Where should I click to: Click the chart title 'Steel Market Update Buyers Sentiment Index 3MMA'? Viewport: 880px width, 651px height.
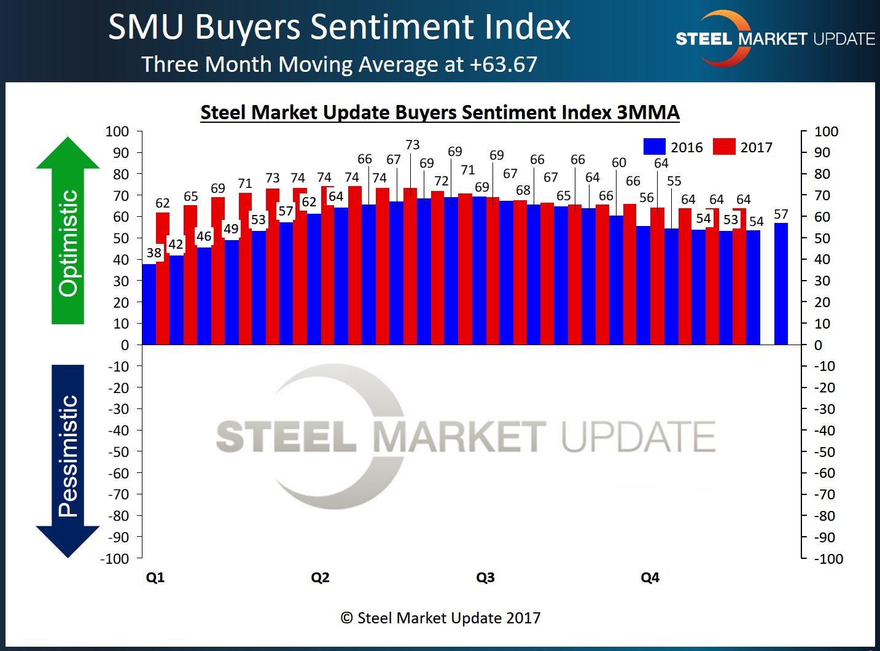pyautogui.click(x=440, y=112)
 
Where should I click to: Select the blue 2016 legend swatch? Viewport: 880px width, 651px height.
pyautogui.click(x=654, y=147)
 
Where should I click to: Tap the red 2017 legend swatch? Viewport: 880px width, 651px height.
pyautogui.click(x=724, y=147)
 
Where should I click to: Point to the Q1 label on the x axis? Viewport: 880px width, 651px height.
pyautogui.click(x=155, y=577)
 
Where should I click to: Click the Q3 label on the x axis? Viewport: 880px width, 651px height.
pyautogui.click(x=485, y=577)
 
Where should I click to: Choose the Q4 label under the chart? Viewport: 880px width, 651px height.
pyautogui.click(x=650, y=577)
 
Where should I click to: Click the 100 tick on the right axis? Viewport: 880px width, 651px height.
pyautogui.click(x=826, y=131)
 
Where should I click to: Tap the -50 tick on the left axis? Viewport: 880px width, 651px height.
pyautogui.click(x=119, y=452)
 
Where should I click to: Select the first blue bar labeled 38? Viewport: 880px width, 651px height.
pyautogui.click(x=149, y=304)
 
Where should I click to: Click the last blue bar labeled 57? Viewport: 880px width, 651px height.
pyautogui.click(x=781, y=284)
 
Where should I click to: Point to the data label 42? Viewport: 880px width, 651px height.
pyautogui.click(x=176, y=244)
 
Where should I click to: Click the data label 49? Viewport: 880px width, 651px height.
pyautogui.click(x=231, y=229)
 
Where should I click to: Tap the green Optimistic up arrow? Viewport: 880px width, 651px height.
pyautogui.click(x=68, y=230)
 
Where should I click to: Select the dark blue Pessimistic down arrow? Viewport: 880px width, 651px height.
pyautogui.click(x=68, y=461)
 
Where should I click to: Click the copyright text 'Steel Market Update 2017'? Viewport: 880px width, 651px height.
pyautogui.click(x=440, y=618)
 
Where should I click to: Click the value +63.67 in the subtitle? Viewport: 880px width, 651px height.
pyautogui.click(x=504, y=64)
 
